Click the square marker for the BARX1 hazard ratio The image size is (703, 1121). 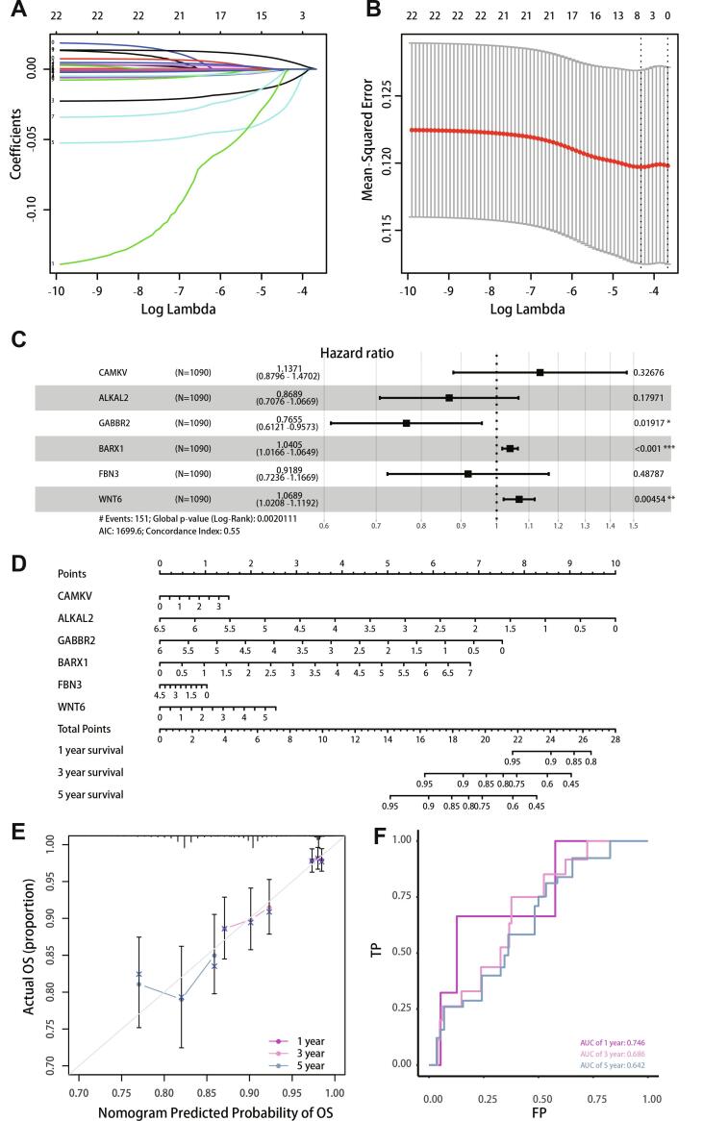coord(511,448)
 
